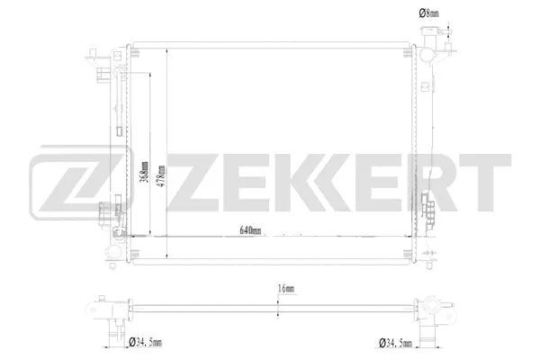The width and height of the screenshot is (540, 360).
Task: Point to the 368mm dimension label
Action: tap(145, 168)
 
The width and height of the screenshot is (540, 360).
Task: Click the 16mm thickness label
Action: tap(286, 289)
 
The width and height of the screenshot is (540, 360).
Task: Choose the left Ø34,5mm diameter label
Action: tap(144, 342)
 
